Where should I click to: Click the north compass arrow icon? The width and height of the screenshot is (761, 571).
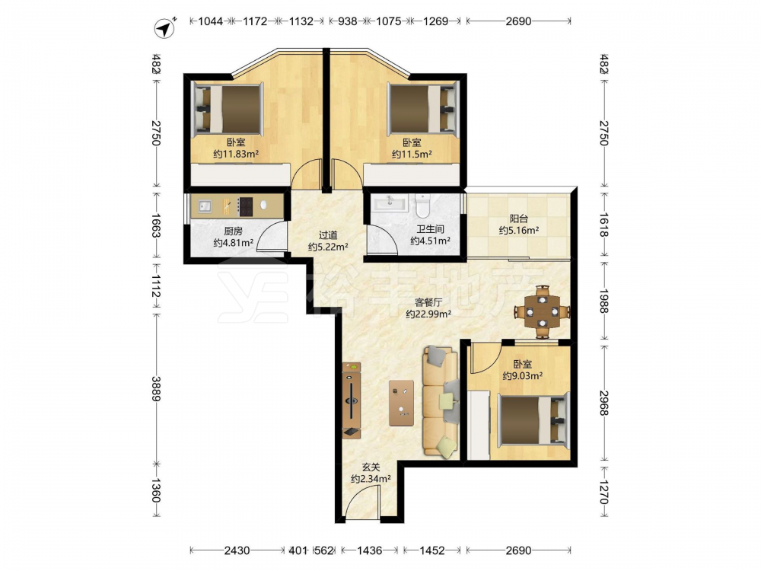[165, 28]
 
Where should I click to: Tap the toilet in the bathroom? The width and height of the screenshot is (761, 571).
[422, 206]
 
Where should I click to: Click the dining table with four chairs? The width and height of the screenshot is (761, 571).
[542, 311]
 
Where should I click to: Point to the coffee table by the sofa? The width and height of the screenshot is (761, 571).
[401, 403]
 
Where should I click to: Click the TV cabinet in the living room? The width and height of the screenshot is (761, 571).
[352, 400]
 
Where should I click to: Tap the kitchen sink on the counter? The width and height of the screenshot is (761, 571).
[205, 206]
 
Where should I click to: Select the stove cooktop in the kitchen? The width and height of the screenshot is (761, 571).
[245, 206]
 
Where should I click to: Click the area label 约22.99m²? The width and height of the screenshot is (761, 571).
[428, 314]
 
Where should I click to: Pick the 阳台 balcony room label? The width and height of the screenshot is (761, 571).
[518, 219]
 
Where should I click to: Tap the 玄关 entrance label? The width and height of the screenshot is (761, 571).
[371, 467]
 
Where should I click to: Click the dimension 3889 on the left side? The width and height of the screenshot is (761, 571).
[156, 389]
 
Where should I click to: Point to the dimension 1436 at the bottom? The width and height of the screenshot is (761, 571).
[369, 550]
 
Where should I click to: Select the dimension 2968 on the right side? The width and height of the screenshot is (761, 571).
[603, 403]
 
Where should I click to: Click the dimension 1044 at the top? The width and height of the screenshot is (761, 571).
[211, 21]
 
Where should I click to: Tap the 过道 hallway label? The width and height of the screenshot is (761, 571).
[328, 235]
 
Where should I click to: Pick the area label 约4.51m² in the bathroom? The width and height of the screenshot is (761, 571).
[431, 241]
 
